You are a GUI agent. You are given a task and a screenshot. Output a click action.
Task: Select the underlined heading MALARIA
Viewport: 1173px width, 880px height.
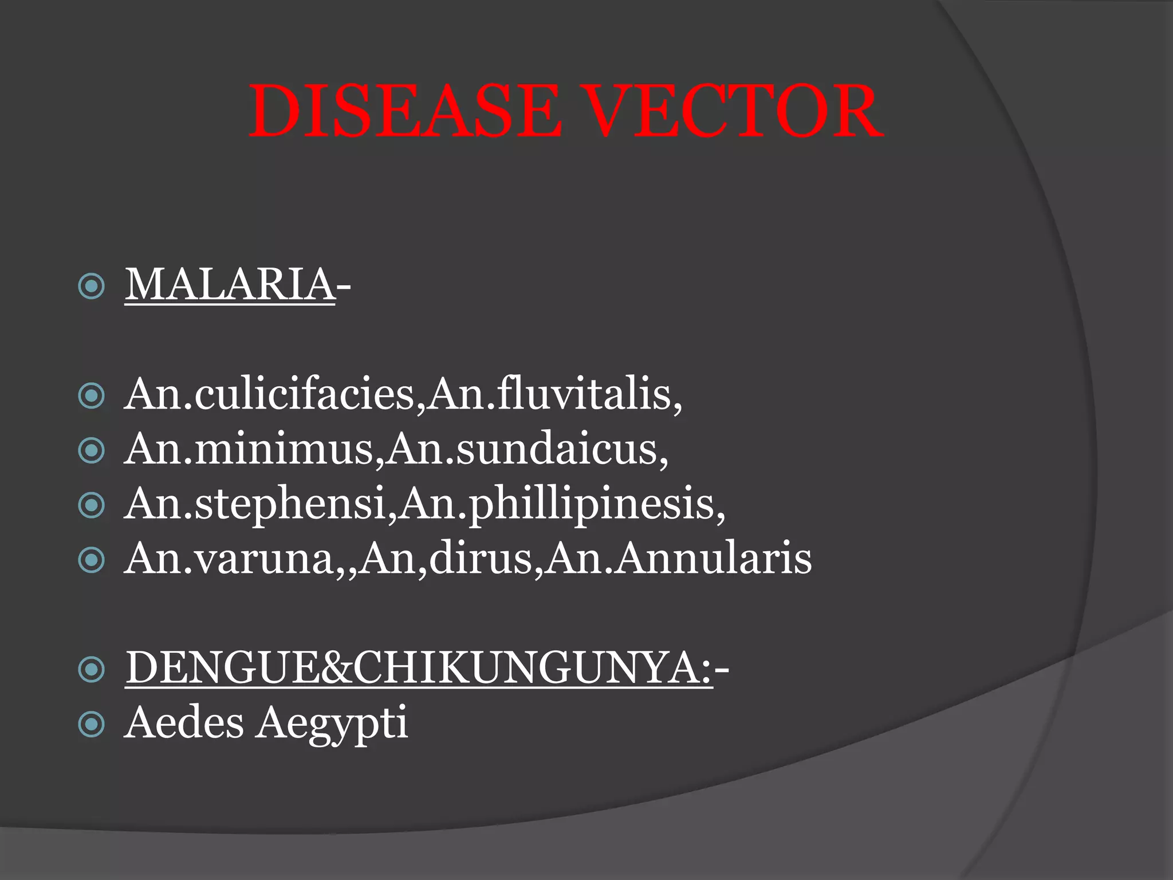(230, 285)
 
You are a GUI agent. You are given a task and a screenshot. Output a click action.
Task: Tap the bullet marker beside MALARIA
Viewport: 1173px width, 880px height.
(91, 286)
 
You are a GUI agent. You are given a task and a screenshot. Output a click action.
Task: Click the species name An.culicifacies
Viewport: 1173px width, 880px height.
(269, 395)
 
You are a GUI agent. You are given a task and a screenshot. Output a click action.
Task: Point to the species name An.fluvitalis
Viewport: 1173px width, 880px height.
(553, 395)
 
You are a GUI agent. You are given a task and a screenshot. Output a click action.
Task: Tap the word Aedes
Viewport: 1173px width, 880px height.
(184, 722)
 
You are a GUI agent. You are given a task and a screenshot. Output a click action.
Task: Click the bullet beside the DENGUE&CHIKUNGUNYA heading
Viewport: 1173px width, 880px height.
(91, 669)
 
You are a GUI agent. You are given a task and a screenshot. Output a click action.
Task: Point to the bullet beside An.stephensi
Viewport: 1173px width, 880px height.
(91, 505)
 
